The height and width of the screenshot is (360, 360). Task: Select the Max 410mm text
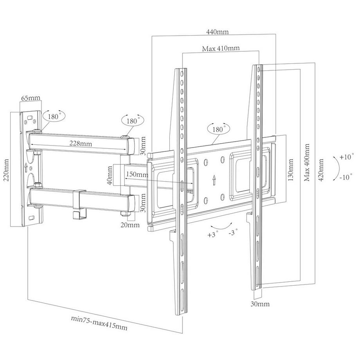pyautogui.click(x=221, y=49)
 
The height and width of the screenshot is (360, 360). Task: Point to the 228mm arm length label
pyautogui.click(x=81, y=144)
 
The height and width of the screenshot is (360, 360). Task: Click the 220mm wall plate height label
pyautogui.click(x=5, y=169)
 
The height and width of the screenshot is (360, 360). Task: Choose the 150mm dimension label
pyautogui.click(x=137, y=174)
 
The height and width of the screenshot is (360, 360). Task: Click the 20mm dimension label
pyautogui.click(x=130, y=225)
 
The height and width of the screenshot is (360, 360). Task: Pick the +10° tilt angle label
pyautogui.click(x=346, y=157)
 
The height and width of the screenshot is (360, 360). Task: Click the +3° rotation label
pyautogui.click(x=213, y=235)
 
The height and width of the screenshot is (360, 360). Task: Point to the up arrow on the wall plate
pyautogui.click(x=26, y=166)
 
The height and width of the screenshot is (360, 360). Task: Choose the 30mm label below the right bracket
pyautogui.click(x=260, y=304)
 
